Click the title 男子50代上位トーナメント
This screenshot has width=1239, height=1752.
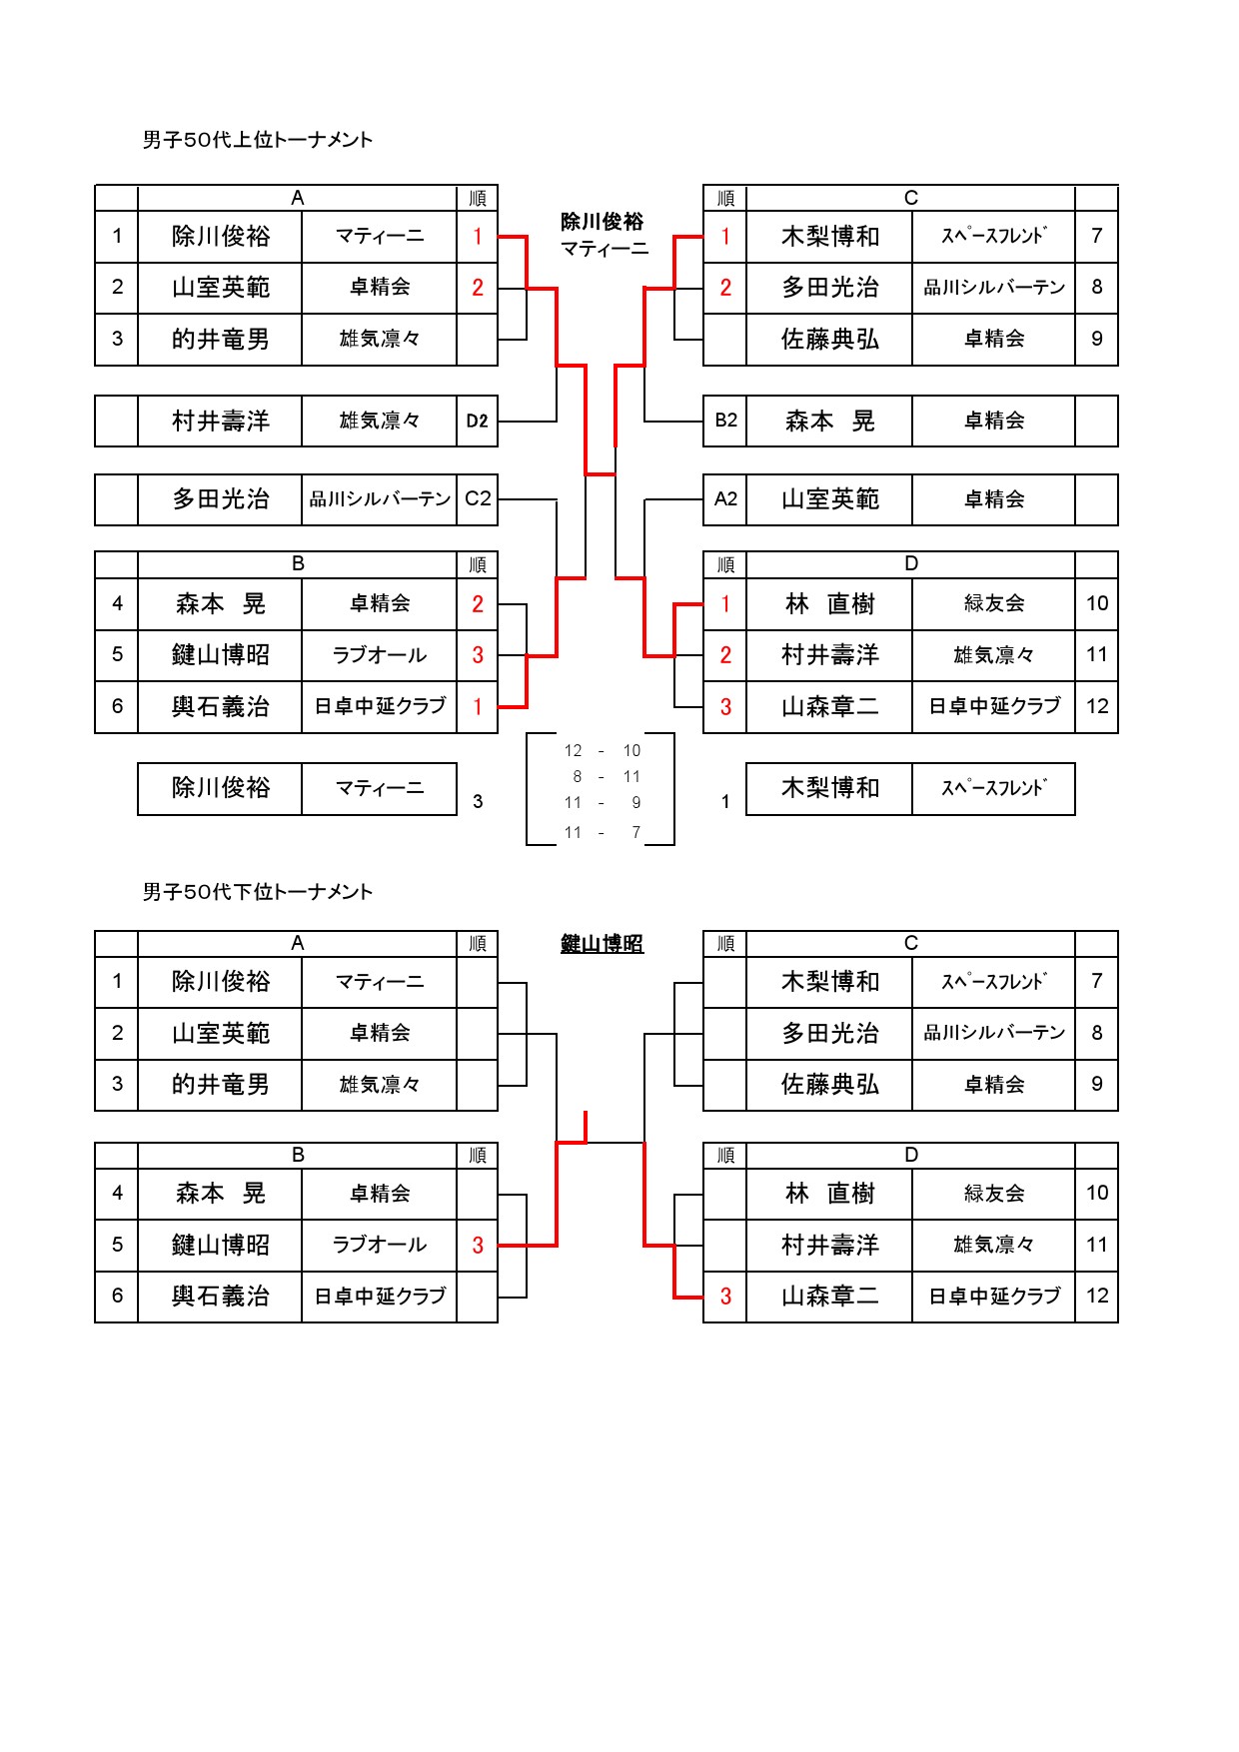point(258,140)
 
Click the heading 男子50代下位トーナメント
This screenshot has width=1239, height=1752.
point(258,892)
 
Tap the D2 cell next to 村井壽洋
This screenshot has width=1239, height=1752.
point(478,422)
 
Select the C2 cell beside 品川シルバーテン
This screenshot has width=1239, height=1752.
point(478,498)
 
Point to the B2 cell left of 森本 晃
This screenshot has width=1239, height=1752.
point(726,421)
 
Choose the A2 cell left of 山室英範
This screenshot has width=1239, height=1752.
point(726,498)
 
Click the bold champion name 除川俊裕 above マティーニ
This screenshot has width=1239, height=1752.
point(603,222)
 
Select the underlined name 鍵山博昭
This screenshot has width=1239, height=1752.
point(603,944)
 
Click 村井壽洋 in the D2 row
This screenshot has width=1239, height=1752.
point(221,422)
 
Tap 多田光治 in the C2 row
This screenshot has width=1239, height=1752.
point(221,499)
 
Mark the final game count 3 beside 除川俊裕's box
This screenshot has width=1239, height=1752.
point(478,801)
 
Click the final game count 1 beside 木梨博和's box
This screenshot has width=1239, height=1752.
point(725,801)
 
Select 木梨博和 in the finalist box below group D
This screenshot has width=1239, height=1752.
point(830,789)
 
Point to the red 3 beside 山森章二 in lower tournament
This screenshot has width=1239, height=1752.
point(725,1297)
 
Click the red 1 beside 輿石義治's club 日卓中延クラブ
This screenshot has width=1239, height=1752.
point(478,707)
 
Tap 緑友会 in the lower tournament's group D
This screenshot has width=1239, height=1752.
point(994,1194)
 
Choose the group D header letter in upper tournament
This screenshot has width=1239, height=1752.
point(911,564)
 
